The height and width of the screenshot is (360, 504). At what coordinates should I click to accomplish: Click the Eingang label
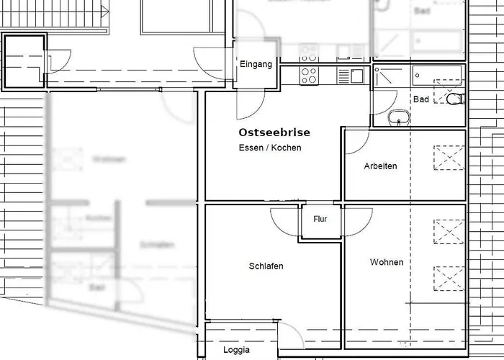tap(256, 64)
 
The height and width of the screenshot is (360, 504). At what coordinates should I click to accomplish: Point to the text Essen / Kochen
tap(270, 148)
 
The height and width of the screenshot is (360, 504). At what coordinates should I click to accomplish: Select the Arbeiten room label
tap(380, 166)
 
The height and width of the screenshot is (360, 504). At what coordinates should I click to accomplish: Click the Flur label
tap(320, 219)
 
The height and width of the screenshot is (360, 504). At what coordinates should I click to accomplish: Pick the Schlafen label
tap(266, 266)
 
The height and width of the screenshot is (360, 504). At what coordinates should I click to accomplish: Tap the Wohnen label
tap(387, 262)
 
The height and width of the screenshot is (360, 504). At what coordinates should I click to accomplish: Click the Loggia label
tap(236, 350)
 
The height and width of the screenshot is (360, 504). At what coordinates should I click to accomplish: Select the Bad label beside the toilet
tap(420, 99)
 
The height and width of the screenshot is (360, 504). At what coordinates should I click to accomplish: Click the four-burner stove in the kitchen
tap(309, 74)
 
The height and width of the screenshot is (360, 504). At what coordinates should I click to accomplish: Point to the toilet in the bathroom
tap(454, 99)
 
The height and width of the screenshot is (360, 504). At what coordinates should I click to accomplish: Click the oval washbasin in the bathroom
tap(398, 117)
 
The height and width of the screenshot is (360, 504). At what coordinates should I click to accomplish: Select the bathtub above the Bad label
tap(437, 73)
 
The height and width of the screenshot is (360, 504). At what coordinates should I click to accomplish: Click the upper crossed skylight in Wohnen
tap(447, 232)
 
